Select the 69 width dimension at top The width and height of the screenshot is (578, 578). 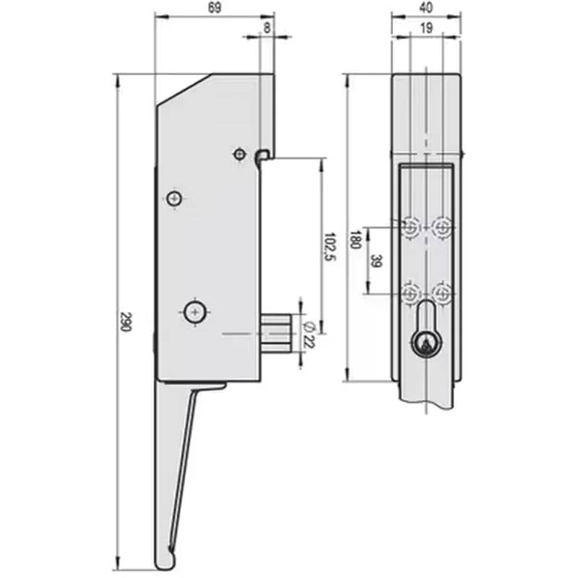click(214, 8)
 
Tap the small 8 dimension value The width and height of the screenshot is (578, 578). click(267, 27)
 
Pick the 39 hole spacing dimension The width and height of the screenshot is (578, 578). click(376, 261)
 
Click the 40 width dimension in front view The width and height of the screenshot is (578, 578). click(426, 8)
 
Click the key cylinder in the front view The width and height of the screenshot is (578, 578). click(426, 344)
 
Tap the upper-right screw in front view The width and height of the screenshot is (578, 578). click(442, 228)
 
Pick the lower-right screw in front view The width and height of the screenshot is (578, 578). click(442, 293)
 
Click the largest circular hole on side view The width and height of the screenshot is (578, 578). click(194, 311)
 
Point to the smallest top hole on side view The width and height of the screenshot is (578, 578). click(239, 154)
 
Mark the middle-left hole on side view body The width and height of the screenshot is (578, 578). click(173, 199)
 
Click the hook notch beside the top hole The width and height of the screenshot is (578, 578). click(264, 154)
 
